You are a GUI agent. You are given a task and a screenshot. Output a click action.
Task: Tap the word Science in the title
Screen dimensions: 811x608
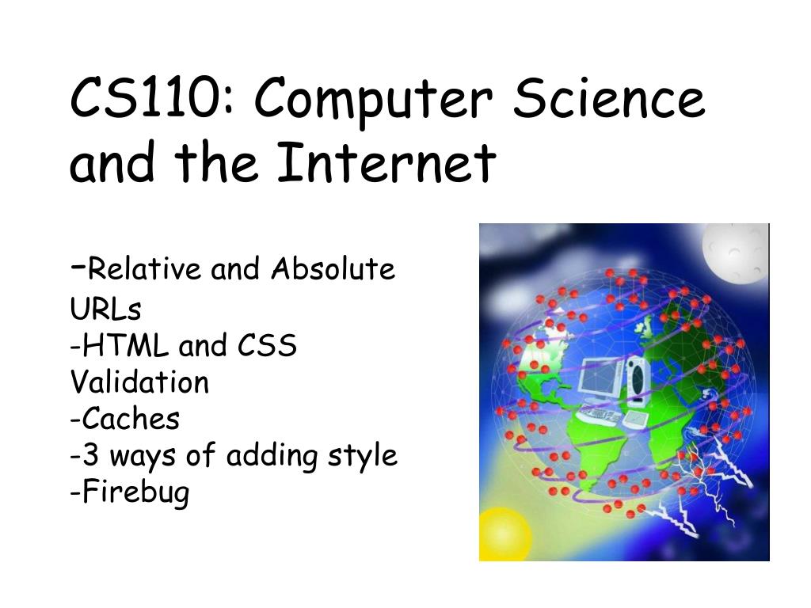click(x=609, y=97)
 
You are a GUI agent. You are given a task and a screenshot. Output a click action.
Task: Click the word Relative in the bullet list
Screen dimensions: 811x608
click(x=144, y=269)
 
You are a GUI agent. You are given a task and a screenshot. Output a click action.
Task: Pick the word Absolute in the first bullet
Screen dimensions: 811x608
click(x=333, y=269)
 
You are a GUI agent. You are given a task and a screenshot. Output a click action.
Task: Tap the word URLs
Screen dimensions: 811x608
click(x=105, y=309)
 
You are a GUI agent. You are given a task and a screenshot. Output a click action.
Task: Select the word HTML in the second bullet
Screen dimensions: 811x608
click(x=126, y=345)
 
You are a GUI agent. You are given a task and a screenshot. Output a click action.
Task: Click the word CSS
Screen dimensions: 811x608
click(x=268, y=345)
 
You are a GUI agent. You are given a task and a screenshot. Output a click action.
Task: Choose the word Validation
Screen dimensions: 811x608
click(x=139, y=382)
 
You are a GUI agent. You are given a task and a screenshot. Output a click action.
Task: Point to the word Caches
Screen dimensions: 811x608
click(x=131, y=418)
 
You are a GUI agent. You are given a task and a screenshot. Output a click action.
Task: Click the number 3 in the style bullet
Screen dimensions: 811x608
click(x=90, y=455)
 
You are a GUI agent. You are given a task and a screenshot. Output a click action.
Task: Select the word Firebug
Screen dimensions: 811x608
click(x=136, y=493)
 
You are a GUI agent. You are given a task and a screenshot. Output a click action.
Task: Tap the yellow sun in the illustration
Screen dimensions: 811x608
click(x=504, y=535)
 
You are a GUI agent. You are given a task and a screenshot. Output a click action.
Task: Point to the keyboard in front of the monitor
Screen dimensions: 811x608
click(x=600, y=415)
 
